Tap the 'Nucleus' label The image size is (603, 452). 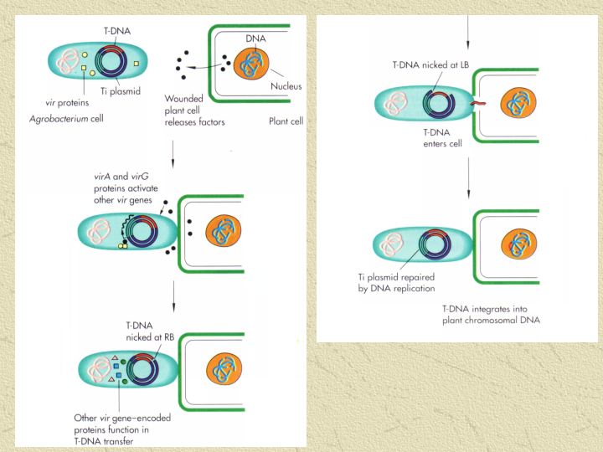pyautogui.click(x=286, y=85)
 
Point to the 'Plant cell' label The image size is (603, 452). pyautogui.click(x=286, y=121)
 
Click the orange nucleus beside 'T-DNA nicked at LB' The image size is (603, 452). pyautogui.click(x=516, y=105)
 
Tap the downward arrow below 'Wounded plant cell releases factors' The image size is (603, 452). pyautogui.click(x=173, y=152)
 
